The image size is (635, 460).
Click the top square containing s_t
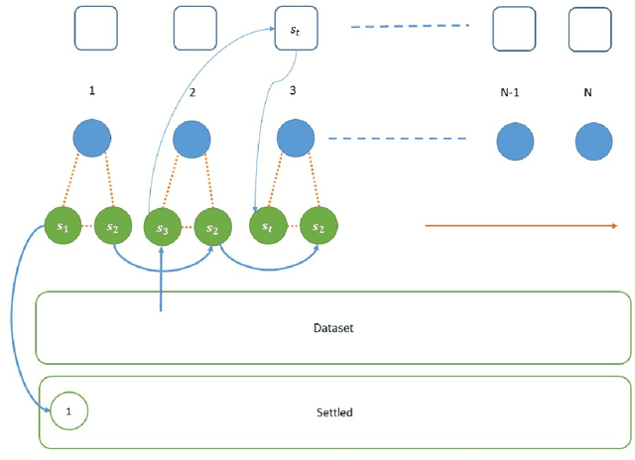point(295,30)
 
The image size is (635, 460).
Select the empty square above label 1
point(95,29)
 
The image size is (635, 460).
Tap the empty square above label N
point(589,30)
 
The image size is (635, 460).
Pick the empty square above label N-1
point(515,30)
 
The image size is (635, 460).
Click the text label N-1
point(510,92)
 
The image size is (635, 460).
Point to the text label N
point(587,92)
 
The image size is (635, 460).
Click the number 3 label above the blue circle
point(293,90)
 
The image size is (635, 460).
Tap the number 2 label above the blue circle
point(192,92)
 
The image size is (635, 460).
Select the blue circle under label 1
point(92,139)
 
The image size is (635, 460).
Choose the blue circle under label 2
point(191,140)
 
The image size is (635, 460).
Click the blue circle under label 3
point(295,139)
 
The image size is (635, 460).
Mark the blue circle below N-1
point(515,143)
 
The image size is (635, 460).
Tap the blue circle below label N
point(593,143)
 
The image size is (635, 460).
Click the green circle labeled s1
point(63,226)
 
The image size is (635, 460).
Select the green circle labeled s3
point(162,227)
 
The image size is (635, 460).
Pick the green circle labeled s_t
point(267,226)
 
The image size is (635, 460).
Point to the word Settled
point(334,411)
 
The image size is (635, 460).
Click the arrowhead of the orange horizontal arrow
point(612,226)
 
